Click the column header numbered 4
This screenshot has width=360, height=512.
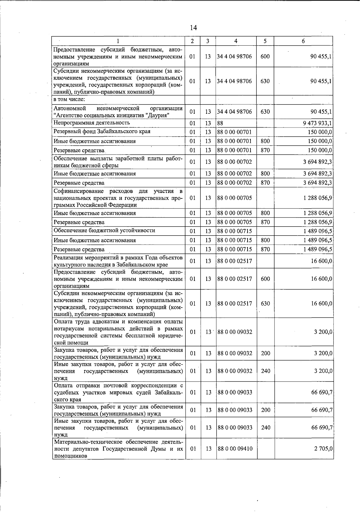point(236,41)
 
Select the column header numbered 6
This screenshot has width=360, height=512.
point(303,41)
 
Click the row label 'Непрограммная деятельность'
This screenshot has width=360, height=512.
point(91,123)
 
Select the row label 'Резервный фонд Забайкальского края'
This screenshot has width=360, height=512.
point(102,131)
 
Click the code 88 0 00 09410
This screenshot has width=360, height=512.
point(235,449)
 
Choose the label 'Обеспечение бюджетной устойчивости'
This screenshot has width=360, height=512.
point(104,230)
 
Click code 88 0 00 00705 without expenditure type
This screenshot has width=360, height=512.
point(235,198)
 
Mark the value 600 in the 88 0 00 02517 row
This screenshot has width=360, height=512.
point(265,279)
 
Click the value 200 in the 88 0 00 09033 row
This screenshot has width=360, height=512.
point(265,410)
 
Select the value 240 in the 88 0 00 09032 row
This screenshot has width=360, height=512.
point(265,371)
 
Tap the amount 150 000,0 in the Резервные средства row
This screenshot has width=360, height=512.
point(320,150)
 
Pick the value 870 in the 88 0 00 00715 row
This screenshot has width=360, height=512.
point(265,249)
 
